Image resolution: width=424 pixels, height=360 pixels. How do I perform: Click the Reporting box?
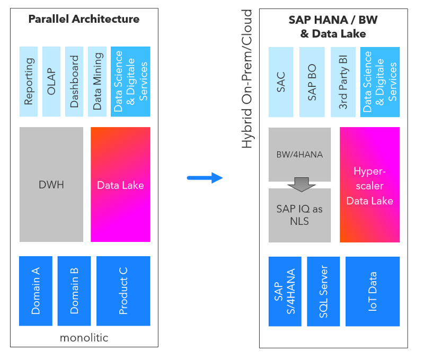[x=29, y=81]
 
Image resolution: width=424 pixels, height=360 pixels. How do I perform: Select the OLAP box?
[x=51, y=81]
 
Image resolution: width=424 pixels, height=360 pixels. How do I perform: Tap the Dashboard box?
[x=74, y=81]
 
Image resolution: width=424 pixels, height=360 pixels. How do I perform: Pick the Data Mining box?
[x=97, y=81]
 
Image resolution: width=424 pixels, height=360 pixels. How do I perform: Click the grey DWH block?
[x=51, y=184]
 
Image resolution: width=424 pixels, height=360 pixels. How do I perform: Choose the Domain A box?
[x=36, y=291]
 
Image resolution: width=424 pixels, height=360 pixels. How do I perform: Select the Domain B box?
[x=74, y=291]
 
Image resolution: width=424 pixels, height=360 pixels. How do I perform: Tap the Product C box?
[x=123, y=291]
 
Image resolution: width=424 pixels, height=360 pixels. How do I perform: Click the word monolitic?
[x=83, y=337]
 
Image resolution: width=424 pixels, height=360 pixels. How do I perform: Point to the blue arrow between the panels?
[x=205, y=177]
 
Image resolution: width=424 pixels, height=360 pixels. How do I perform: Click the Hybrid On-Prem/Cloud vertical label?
[x=247, y=79]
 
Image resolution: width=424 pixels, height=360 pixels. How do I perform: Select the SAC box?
[x=281, y=82]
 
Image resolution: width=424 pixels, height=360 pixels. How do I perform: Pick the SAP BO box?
[x=312, y=82]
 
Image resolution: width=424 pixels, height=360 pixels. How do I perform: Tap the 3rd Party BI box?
[x=343, y=82]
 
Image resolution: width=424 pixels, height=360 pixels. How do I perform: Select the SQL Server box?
[x=323, y=291]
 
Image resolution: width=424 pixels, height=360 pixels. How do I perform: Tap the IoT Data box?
[x=373, y=291]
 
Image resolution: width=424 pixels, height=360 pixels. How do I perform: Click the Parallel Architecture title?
[x=84, y=20]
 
